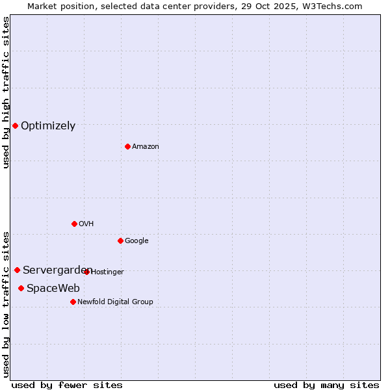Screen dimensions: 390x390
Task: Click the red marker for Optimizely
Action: [15, 125]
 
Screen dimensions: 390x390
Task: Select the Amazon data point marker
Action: [127, 146]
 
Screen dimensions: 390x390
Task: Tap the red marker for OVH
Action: [74, 224]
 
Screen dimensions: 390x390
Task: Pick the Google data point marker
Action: [120, 240]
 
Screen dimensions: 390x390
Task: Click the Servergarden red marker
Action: [17, 270]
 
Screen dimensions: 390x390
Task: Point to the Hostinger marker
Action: [87, 272]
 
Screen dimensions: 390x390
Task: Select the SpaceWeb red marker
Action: [21, 288]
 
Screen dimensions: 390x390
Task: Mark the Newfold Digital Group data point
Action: [73, 302]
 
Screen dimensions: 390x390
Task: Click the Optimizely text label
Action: [48, 126]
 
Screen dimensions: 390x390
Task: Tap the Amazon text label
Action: [145, 147]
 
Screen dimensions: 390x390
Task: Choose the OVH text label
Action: [86, 224]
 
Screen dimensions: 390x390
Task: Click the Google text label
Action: [136, 241]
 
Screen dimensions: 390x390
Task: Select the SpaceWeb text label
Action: [53, 289]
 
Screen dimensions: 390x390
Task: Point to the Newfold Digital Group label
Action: [115, 302]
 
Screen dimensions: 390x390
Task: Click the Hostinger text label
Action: [108, 272]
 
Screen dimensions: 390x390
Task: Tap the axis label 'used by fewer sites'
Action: [67, 385]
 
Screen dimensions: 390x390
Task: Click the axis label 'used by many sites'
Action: [326, 385]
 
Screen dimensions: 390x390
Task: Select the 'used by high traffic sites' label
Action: [6, 92]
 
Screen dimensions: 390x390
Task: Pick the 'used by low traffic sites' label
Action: [6, 304]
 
